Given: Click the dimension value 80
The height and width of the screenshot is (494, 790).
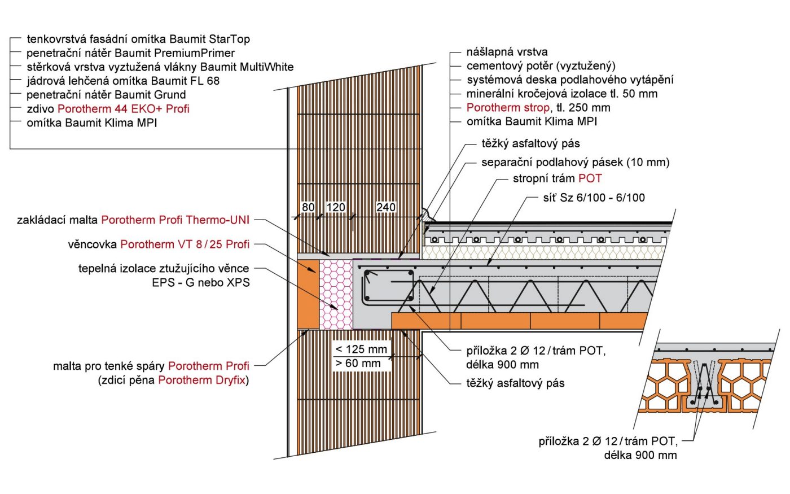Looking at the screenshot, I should [308, 207].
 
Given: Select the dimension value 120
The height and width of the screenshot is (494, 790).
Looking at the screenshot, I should [336, 207].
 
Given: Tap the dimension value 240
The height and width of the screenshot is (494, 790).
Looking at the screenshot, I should [386, 207].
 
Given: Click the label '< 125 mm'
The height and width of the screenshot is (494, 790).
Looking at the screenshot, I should [361, 349].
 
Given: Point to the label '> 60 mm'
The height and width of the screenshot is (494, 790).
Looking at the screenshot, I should [358, 364].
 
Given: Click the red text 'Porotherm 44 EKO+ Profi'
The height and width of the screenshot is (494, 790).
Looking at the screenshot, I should [123, 108].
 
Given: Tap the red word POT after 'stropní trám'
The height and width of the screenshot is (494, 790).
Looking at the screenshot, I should [590, 178].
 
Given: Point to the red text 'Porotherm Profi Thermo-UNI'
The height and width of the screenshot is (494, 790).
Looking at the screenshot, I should [175, 220].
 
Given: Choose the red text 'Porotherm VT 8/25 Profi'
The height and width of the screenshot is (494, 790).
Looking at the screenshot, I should [185, 244].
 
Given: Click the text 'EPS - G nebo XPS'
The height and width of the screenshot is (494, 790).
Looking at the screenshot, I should [200, 282].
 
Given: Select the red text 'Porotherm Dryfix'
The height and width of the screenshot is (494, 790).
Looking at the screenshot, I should [201, 380].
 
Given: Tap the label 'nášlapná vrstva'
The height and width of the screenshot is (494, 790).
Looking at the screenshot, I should [507, 52].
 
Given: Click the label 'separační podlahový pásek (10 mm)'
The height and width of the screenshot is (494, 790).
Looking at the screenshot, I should [575, 163].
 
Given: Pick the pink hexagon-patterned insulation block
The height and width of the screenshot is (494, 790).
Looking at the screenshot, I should [336, 294].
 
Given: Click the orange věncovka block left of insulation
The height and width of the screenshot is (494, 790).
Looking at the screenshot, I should [308, 294].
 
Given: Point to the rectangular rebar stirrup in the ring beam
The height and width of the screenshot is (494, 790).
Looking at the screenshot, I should [389, 286].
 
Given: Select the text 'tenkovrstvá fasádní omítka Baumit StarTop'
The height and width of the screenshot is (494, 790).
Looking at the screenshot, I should [138, 39].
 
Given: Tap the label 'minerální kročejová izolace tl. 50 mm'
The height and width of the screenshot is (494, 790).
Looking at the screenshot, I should [561, 94].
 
